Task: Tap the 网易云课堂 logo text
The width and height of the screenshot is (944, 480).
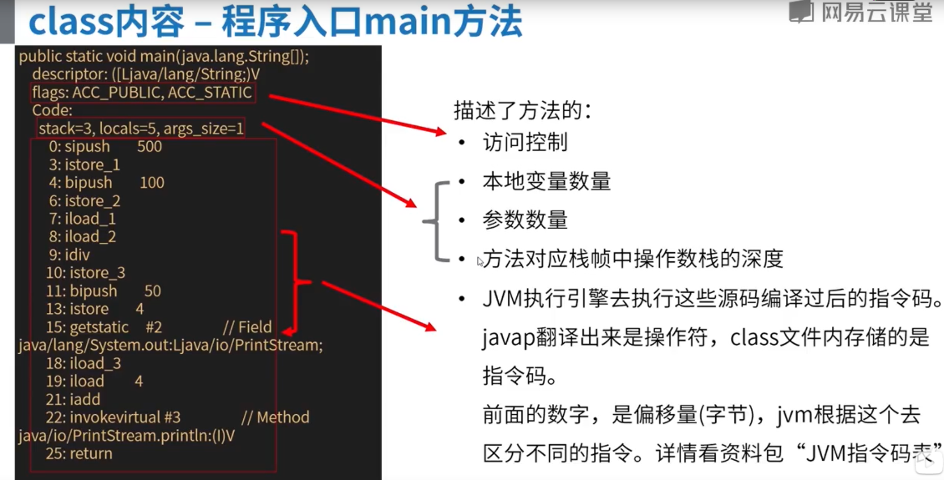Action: (875, 12)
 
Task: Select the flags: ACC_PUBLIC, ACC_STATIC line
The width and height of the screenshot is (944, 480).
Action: (141, 93)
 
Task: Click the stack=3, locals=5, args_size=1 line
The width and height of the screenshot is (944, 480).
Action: (140, 129)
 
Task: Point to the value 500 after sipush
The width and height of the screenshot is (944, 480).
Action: (150, 147)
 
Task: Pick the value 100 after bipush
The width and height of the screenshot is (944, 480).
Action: (152, 183)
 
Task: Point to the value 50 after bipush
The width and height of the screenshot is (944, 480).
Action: (152, 291)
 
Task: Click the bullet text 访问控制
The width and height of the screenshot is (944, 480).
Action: (525, 142)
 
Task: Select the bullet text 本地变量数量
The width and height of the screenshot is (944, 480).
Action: (546, 181)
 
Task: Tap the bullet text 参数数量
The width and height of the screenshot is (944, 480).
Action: (525, 220)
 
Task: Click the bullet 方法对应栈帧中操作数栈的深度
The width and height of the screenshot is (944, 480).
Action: (632, 259)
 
